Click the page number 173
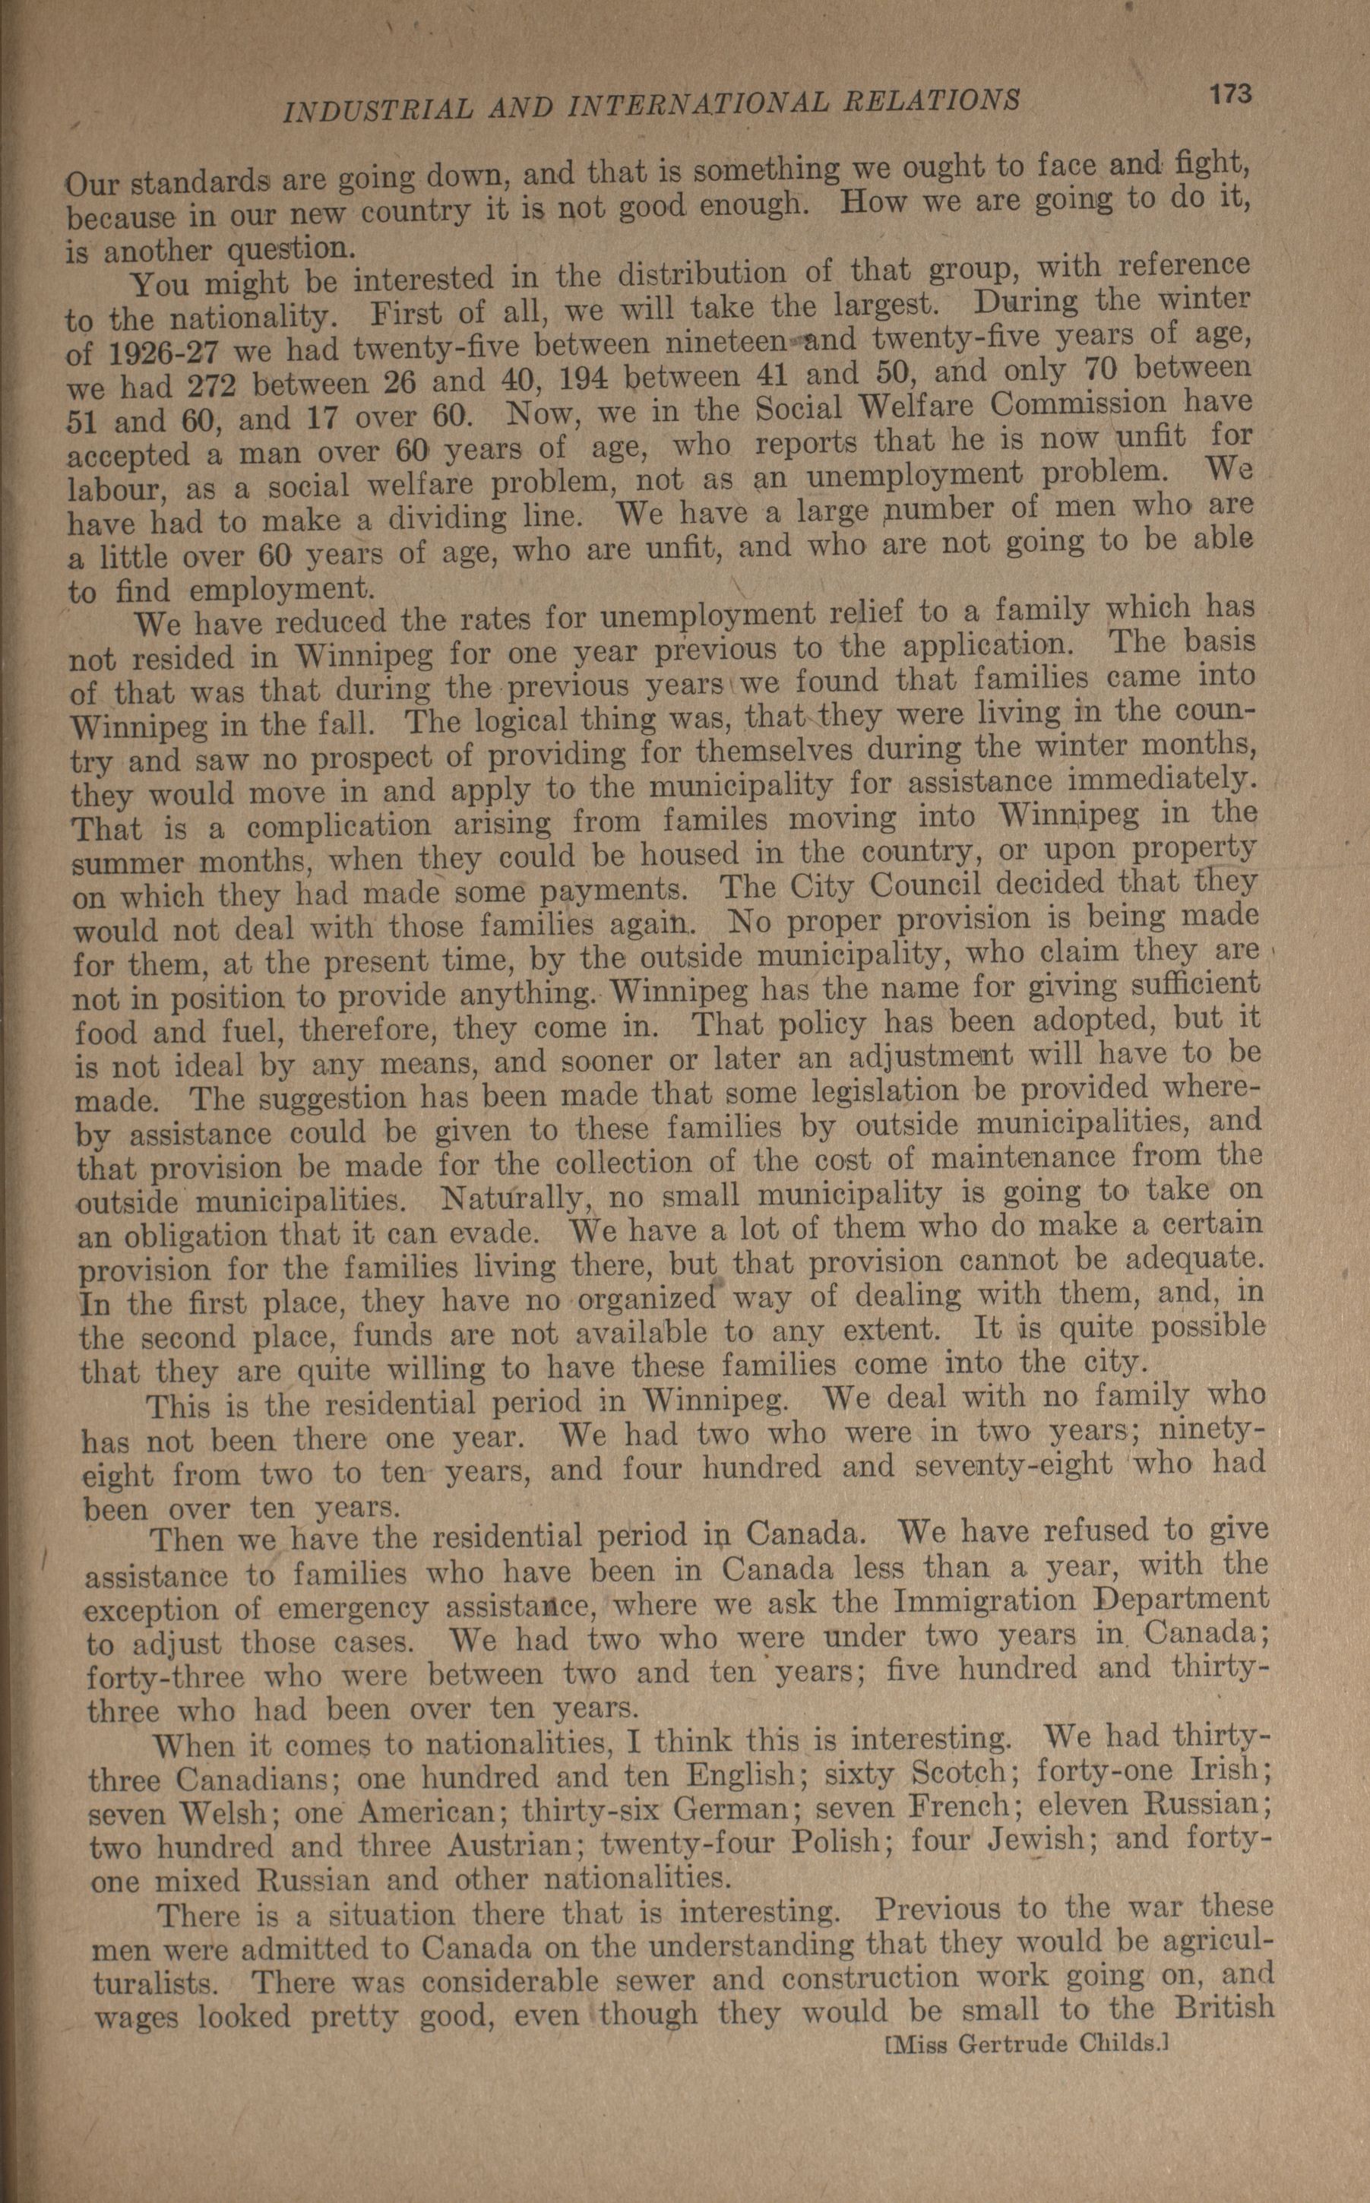(x=1228, y=93)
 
